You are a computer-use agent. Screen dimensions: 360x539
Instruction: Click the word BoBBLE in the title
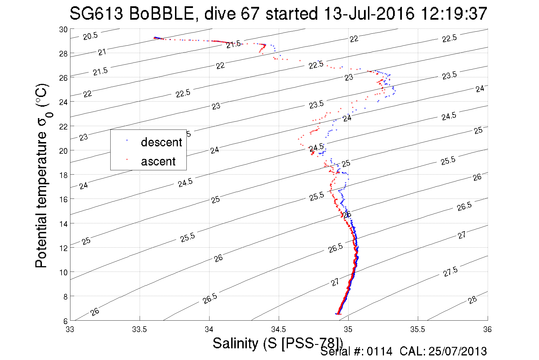(x=161, y=14)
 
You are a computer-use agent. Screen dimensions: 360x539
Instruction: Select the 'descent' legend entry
(x=161, y=142)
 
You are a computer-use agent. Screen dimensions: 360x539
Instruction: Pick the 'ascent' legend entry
(x=158, y=161)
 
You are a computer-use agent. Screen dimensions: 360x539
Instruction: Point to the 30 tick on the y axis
(x=63, y=30)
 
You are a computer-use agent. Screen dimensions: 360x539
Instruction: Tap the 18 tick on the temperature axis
(x=63, y=175)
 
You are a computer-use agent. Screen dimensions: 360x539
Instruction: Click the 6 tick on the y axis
(x=65, y=321)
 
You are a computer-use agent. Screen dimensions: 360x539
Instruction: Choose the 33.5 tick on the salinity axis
(x=139, y=329)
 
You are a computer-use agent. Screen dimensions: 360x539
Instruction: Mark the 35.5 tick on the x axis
(x=418, y=329)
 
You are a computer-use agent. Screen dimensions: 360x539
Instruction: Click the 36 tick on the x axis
(x=487, y=329)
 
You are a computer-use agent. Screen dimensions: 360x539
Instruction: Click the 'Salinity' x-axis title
(x=235, y=343)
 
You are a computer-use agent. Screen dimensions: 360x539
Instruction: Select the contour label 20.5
(x=90, y=36)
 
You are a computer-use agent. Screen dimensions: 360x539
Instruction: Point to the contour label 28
(x=472, y=300)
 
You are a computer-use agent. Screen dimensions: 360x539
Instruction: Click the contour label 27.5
(x=450, y=272)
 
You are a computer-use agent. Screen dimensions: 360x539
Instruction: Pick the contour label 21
(x=102, y=52)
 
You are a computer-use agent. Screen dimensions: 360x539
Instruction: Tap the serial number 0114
(x=379, y=351)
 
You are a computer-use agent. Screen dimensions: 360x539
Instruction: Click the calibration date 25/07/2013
(x=457, y=351)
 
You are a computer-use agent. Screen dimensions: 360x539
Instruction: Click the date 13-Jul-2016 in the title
(x=369, y=14)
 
